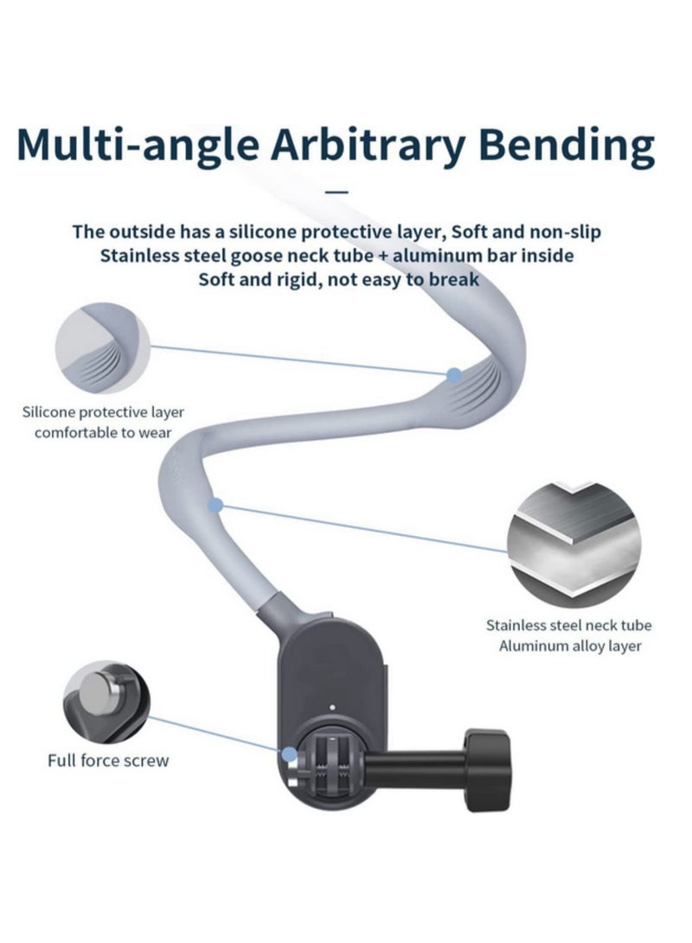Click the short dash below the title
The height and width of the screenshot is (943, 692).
tap(336, 192)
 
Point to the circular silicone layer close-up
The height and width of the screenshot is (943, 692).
tap(102, 348)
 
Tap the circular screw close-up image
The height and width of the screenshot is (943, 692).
tap(106, 702)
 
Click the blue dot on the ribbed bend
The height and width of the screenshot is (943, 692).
tap(454, 375)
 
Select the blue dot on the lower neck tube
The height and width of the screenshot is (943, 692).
tap(215, 505)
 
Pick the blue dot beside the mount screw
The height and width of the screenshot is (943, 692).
tap(290, 755)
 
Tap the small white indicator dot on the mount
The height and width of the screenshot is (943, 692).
tap(332, 708)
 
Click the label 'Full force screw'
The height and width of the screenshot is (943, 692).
tap(108, 761)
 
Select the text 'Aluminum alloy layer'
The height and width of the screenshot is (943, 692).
tap(570, 646)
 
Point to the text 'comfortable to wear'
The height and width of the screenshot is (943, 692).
tap(103, 432)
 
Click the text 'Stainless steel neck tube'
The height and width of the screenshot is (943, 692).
tap(568, 626)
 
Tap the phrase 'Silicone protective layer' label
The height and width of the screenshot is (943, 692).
tap(103, 412)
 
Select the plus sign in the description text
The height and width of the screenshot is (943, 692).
tap(383, 257)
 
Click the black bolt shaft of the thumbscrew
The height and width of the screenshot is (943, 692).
tap(414, 770)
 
